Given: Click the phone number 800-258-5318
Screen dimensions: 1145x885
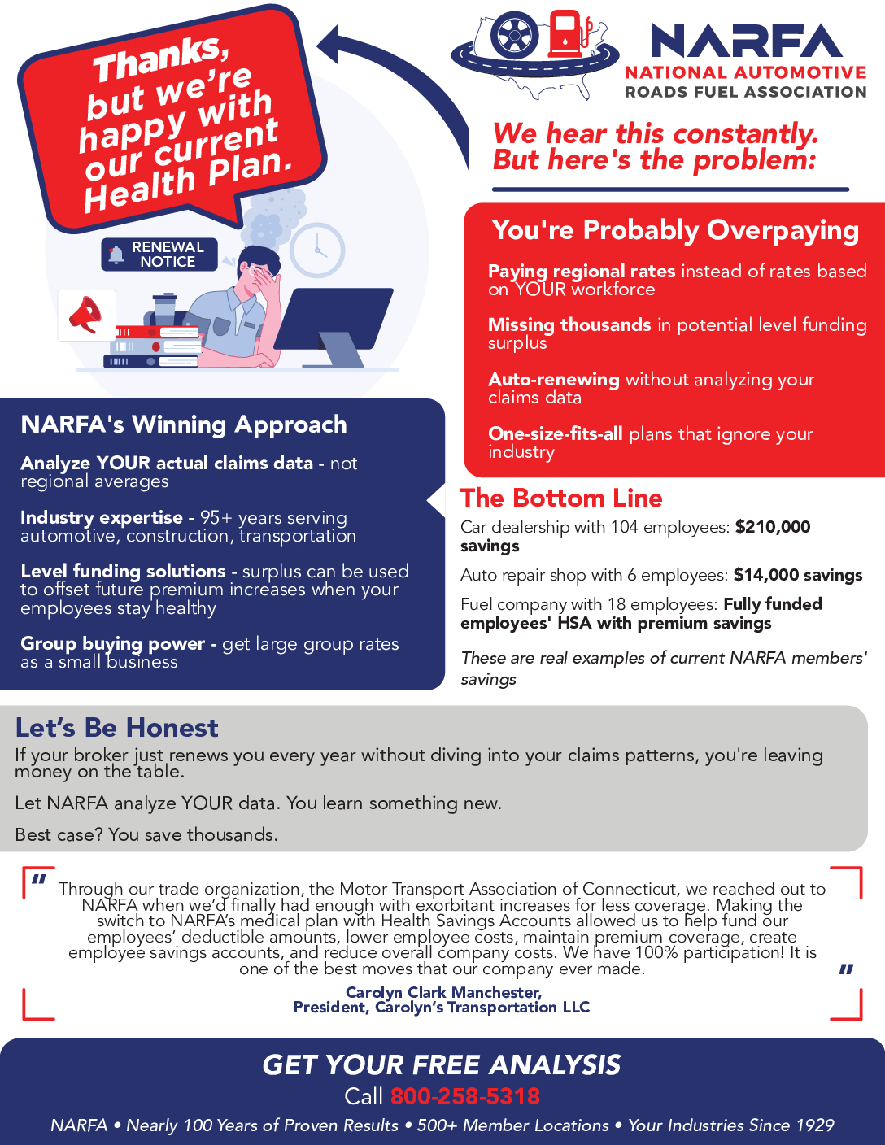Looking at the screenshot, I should (464, 1095).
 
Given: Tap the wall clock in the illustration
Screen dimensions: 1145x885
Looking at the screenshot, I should (317, 250).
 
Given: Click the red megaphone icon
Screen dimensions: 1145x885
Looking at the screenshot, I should (85, 315).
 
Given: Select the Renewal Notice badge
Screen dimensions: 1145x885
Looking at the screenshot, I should (159, 254).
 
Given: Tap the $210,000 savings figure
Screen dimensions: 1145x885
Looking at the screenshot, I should (773, 527).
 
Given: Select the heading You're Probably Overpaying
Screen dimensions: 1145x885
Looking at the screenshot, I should (675, 230).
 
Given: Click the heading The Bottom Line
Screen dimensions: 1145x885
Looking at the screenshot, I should (561, 498).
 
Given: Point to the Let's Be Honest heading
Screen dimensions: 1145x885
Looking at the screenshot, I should (117, 727).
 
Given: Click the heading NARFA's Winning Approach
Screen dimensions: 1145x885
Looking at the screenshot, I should (184, 424).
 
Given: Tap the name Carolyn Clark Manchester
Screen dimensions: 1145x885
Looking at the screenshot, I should (443, 992).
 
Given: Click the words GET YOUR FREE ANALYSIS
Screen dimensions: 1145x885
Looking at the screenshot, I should (442, 1064).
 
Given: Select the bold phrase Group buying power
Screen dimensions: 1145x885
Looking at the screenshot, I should (112, 644).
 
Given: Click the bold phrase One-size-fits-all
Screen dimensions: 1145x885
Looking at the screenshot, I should (556, 433).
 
